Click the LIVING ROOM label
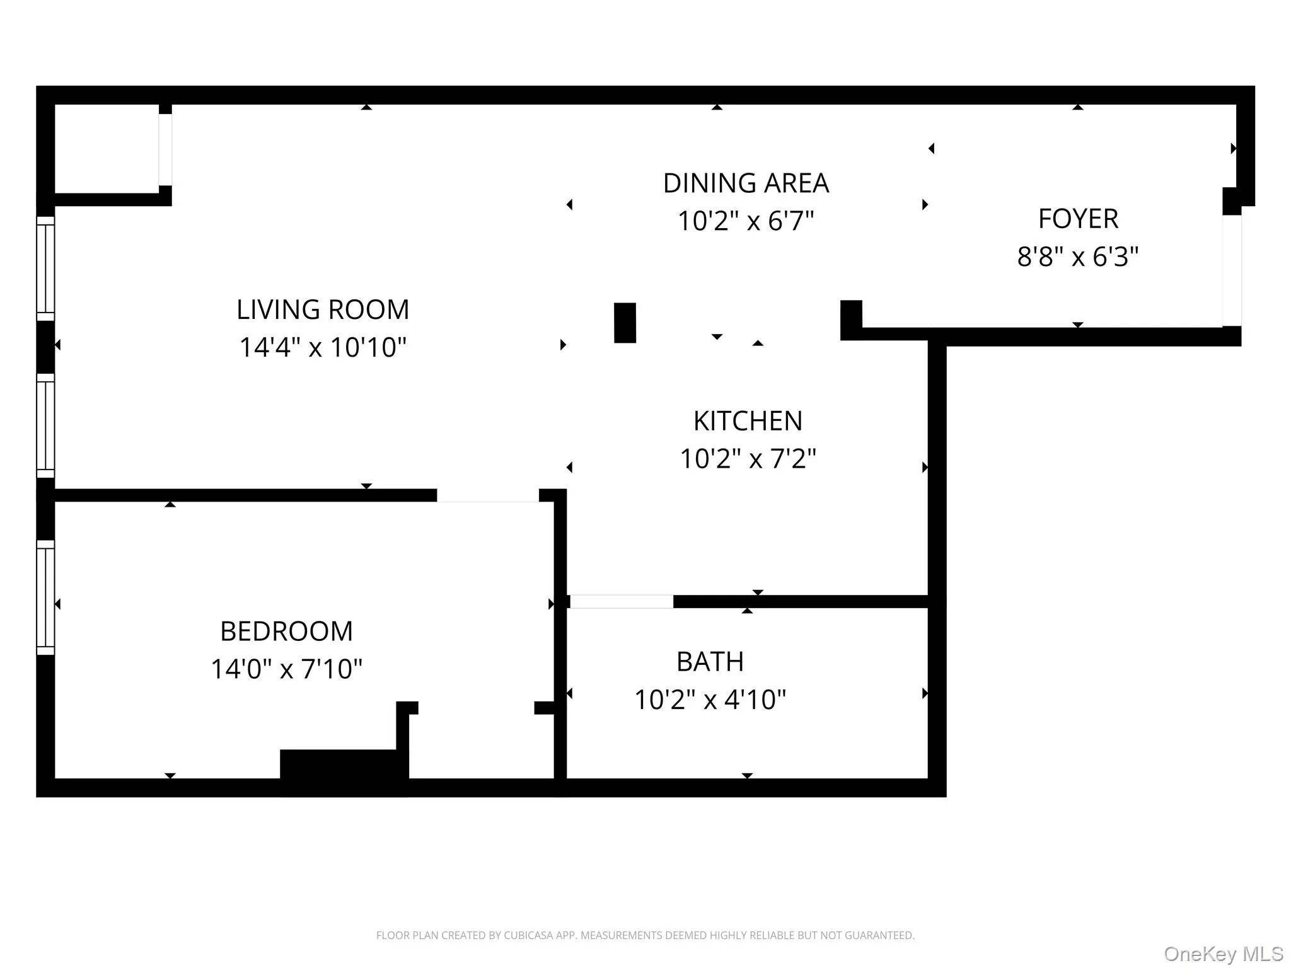323,309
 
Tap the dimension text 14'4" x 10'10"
323,347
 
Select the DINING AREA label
746,183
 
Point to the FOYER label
1078,219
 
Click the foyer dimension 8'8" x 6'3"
1078,256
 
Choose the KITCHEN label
748,421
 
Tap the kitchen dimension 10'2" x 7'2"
748,459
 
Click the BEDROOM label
286,631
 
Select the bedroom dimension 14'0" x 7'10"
286,669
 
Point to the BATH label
710,662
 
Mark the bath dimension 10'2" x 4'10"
710,700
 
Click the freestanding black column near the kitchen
625,323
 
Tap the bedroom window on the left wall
45,597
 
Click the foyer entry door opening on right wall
1232,270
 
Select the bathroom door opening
622,601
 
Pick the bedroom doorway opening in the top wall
488,495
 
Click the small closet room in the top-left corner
106,149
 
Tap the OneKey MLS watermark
1223,954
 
